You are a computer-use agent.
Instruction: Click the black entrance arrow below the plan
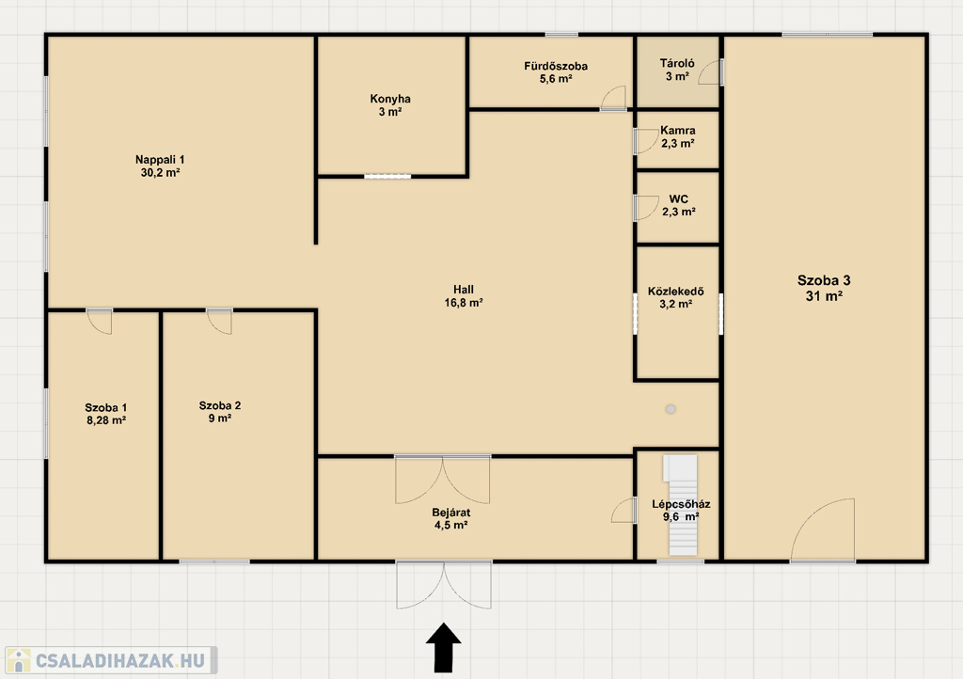coord(444,647)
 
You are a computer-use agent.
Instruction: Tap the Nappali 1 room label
coord(160,160)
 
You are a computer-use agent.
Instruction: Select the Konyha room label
coord(390,99)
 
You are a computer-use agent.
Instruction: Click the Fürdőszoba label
coord(556,66)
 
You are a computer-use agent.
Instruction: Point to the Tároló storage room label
coord(677,63)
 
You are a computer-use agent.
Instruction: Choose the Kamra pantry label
coord(678,130)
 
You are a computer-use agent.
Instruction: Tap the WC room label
coord(679,199)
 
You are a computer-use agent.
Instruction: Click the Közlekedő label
coord(675,291)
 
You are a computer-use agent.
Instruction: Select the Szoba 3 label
coord(824,280)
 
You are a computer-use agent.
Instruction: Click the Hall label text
coord(464,289)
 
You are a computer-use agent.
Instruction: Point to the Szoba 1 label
coord(105,407)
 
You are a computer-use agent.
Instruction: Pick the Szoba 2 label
coord(220,405)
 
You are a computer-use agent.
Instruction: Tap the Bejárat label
coord(450,512)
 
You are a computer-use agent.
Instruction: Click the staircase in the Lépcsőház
coord(682,505)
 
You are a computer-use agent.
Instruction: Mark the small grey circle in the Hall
coord(671,409)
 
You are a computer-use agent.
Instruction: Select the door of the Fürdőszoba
coord(613,98)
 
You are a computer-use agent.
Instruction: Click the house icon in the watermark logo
coord(19,660)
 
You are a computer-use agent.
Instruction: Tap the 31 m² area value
coord(824,296)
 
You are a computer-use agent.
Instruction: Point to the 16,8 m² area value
coord(464,302)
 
